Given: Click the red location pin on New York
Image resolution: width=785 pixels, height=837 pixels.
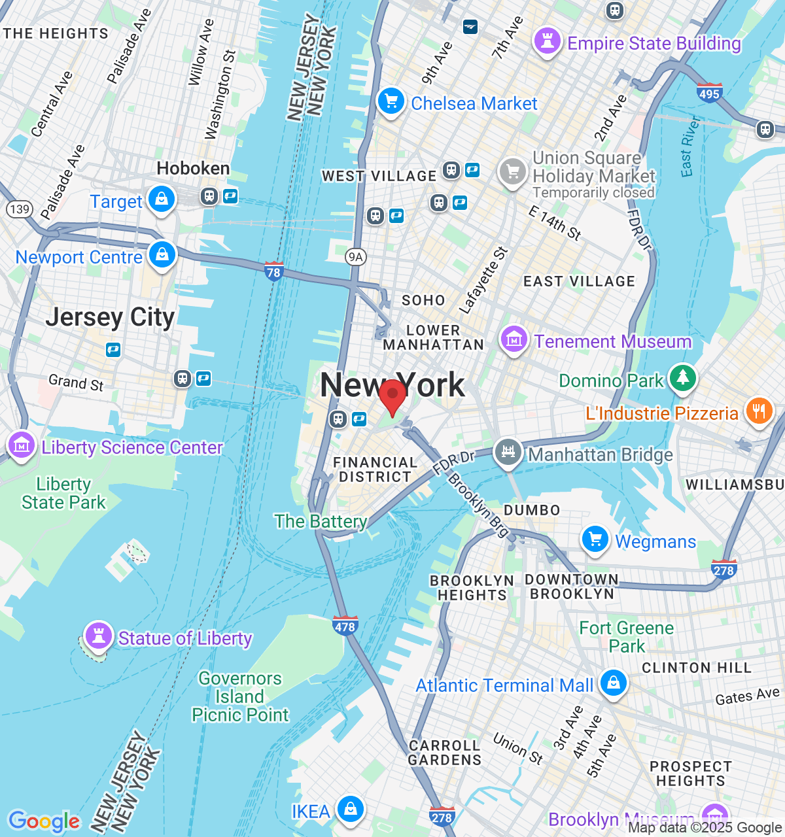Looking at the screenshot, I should tap(392, 395).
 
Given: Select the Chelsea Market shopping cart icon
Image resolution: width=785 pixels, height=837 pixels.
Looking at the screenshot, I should tap(391, 102).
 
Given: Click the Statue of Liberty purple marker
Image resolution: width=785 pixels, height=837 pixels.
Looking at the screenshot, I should tap(98, 636).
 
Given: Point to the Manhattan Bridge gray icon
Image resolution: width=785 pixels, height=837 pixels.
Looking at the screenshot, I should tap(508, 453).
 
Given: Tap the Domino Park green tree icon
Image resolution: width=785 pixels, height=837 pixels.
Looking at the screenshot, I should tap(682, 379).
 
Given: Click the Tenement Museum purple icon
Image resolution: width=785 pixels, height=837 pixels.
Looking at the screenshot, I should tap(514, 340).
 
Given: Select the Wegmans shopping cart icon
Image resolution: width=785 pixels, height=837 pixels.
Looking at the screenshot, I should tap(595, 540).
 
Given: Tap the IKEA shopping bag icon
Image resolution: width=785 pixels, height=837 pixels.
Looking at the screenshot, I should tap(351, 810).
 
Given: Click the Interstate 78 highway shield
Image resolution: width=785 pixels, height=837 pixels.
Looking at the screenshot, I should tap(273, 271).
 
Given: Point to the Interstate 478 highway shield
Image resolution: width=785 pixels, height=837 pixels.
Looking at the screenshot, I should tap(345, 625).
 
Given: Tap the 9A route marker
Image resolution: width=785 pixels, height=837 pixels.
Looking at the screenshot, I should tap(355, 256).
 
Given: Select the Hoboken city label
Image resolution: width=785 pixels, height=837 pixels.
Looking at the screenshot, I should tap(193, 169).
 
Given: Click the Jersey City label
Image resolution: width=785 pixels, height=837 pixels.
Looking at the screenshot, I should tap(110, 318).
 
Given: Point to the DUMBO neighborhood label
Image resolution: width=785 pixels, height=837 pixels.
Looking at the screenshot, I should tap(532, 510).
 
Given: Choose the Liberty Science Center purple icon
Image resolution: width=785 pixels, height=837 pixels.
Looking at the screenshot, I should tap(21, 446).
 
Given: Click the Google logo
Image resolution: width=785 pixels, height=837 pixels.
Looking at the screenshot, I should tap(44, 821).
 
